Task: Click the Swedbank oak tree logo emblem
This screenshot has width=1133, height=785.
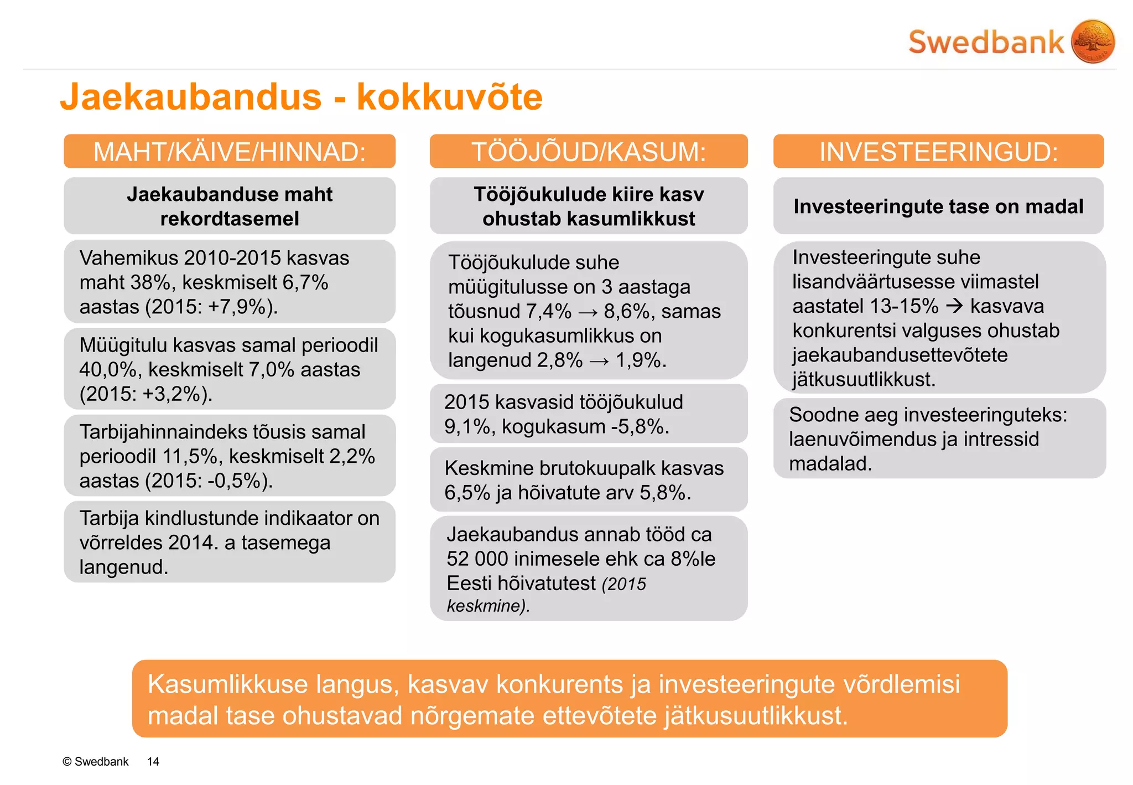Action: tap(1093, 42)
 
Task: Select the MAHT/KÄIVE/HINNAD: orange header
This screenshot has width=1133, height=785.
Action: tap(230, 151)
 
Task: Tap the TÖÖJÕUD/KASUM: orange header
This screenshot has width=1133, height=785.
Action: tap(589, 151)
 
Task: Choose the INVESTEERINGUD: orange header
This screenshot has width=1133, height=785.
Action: tap(938, 151)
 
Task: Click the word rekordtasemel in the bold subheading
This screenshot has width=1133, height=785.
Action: tap(230, 219)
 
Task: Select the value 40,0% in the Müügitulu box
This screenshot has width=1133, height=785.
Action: tap(111, 370)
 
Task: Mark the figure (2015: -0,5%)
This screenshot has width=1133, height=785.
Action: tap(209, 481)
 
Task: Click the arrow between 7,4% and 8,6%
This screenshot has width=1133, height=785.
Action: tap(588, 312)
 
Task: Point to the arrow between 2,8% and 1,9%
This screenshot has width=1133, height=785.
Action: tap(599, 361)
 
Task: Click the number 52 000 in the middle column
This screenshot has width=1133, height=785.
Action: tap(477, 559)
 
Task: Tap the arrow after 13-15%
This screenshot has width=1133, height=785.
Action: tap(954, 306)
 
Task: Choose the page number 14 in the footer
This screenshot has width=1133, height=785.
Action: tap(153, 762)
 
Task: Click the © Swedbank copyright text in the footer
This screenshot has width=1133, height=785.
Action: tap(95, 762)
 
